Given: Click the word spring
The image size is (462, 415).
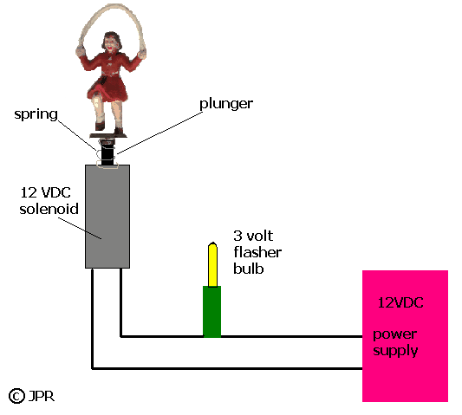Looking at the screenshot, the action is (36, 114).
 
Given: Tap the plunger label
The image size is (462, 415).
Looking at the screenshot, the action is (226, 104).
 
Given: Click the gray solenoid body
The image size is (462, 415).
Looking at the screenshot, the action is (107, 217).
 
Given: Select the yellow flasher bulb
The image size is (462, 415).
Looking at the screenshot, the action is (212, 264).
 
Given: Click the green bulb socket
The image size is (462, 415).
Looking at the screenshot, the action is (211, 311).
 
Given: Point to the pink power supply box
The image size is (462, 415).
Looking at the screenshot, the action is (405, 336).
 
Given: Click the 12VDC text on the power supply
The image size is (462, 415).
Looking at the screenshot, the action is (400, 302).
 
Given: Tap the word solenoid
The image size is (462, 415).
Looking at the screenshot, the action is (49, 209).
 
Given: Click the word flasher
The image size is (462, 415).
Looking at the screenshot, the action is (257, 252).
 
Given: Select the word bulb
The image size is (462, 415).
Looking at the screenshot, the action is (249, 269).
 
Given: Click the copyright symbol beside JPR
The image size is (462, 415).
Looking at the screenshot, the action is (16, 396).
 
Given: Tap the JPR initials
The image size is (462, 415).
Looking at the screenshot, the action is (42, 397).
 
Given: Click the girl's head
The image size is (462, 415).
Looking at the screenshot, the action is (112, 42).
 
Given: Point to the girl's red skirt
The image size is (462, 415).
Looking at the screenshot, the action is (108, 88).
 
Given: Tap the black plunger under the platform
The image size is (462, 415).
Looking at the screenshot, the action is (107, 152).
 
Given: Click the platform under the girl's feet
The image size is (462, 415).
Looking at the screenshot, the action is (108, 136).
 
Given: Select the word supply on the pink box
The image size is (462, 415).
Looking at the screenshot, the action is (395, 351).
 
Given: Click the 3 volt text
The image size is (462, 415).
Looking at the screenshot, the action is (253, 236).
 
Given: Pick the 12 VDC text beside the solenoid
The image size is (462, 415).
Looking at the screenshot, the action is (46, 193).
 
